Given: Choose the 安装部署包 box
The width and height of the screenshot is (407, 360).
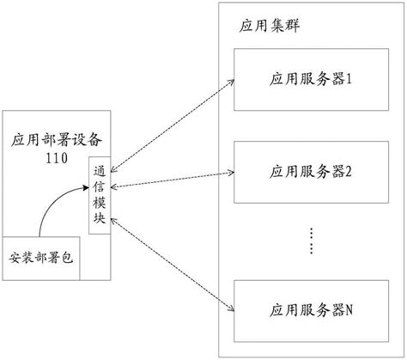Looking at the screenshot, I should pos(41,259).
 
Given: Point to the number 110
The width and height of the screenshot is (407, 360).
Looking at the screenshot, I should pos(56,158).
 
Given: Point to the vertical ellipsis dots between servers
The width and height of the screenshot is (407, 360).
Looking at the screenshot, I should pos(312,241).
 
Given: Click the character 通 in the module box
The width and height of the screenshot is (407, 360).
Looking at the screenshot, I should pos(100,171).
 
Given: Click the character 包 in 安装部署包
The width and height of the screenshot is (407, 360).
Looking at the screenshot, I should pos(70,259).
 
